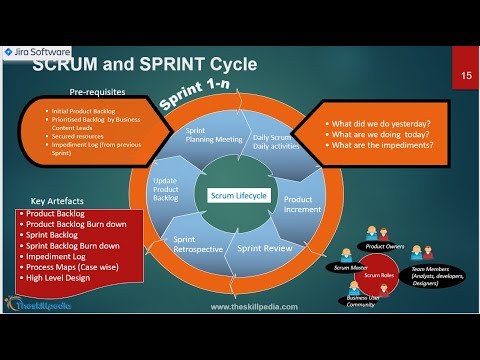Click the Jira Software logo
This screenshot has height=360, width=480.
36,52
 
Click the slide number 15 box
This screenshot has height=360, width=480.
466,75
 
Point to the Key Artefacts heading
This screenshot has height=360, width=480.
53,200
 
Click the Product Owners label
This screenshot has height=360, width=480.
386,244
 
